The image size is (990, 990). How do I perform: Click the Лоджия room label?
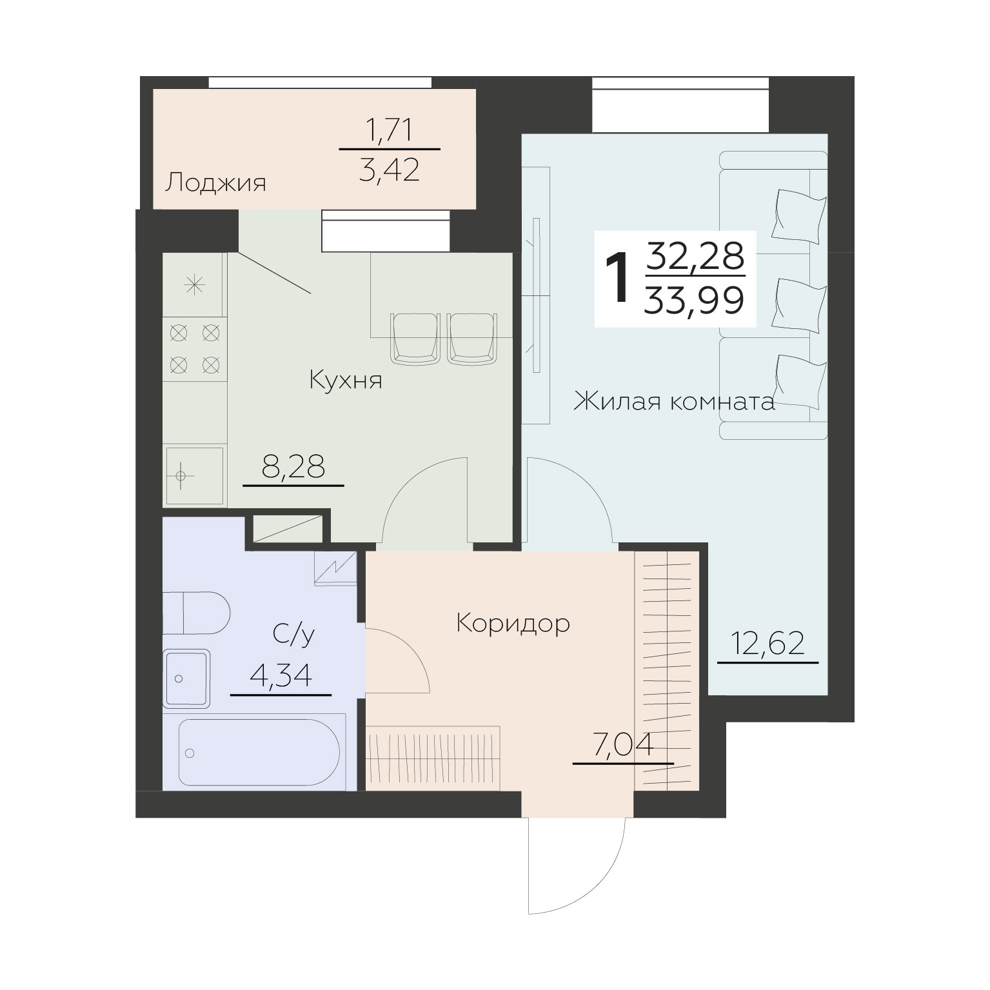click(215, 183)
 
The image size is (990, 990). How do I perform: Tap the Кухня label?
click(346, 380)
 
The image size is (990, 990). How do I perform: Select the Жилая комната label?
click(674, 402)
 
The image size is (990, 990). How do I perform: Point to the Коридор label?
click(513, 624)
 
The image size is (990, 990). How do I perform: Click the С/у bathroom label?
click(293, 634)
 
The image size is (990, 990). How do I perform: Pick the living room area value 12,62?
click(767, 644)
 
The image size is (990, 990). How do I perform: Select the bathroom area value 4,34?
click(281, 677)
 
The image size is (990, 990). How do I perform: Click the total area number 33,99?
click(694, 300)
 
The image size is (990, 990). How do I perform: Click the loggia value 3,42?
click(390, 170)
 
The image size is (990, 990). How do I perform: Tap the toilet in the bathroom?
click(196, 613)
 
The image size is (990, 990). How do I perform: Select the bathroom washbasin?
click(187, 678)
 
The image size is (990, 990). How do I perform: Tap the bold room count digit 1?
click(618, 277)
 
